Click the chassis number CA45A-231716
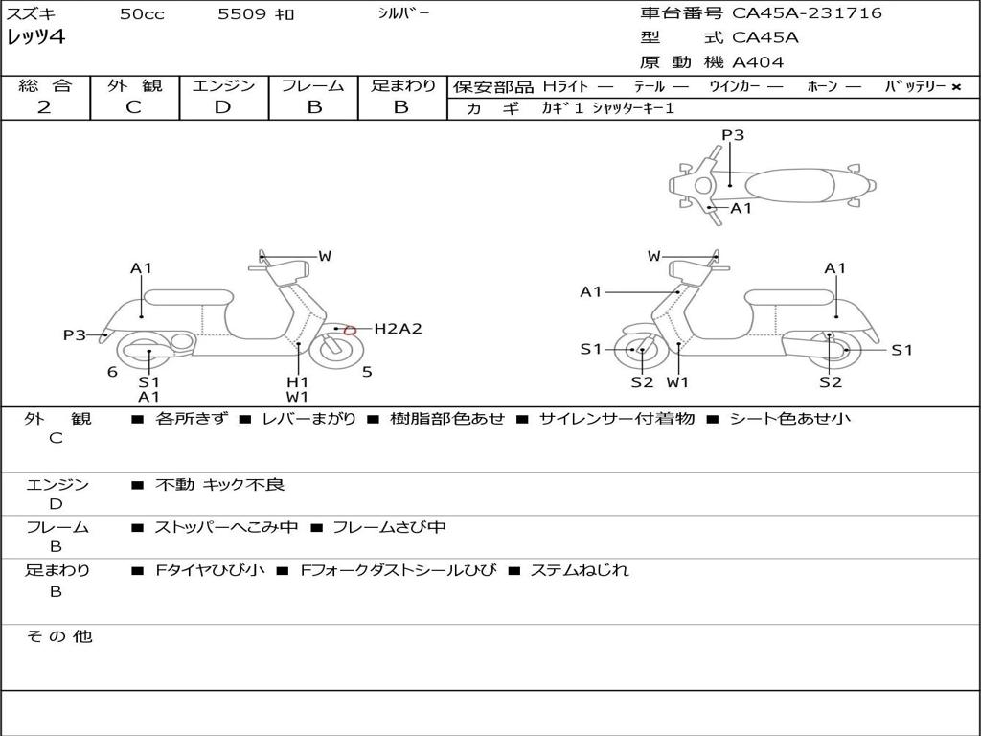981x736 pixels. pyautogui.click(x=807, y=13)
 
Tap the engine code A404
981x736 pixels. pyautogui.click(x=758, y=62)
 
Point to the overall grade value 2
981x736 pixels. pyautogui.click(x=44, y=107)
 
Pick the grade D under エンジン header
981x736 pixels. pyautogui.click(x=222, y=107)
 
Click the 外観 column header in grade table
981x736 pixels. pyautogui.click(x=134, y=85)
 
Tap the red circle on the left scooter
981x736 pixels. pyautogui.click(x=350, y=331)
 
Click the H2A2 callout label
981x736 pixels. pyautogui.click(x=398, y=329)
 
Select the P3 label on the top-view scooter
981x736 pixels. pyautogui.click(x=732, y=135)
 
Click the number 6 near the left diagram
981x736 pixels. pyautogui.click(x=112, y=372)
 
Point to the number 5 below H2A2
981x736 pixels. pyautogui.click(x=367, y=372)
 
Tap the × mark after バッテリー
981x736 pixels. pyautogui.click(x=956, y=87)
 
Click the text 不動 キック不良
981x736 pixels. pyautogui.click(x=219, y=485)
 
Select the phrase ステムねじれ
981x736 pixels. pyautogui.click(x=579, y=570)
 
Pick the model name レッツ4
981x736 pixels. pyautogui.click(x=35, y=38)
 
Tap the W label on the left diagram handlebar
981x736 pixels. pyautogui.click(x=325, y=256)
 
